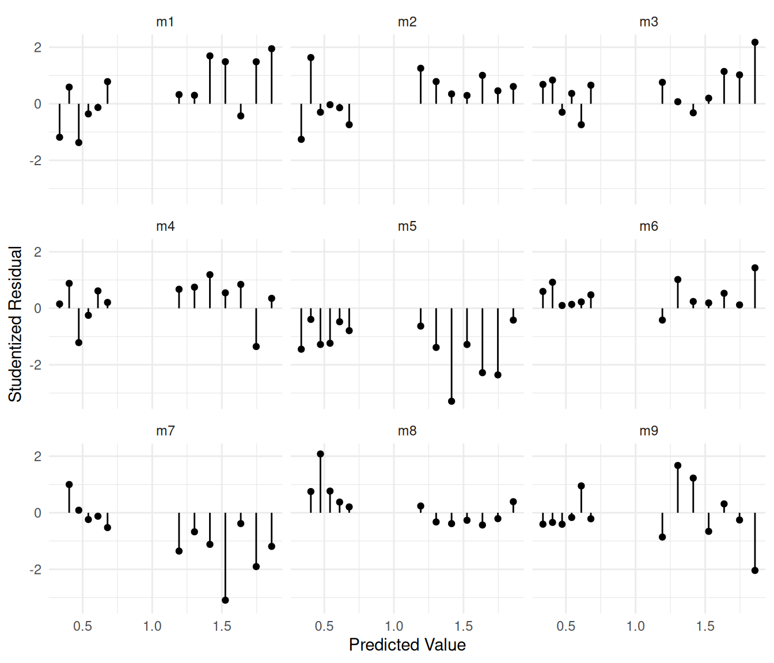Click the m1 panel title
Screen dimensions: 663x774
point(165,22)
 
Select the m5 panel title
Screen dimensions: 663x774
point(407,226)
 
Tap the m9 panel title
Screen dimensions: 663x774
point(648,430)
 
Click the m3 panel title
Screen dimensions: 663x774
point(648,22)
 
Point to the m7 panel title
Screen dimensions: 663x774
point(165,430)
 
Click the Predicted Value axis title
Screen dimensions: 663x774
point(407,645)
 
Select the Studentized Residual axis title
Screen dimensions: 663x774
point(16,324)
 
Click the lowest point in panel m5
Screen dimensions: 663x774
point(451,401)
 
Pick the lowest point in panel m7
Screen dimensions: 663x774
point(225,600)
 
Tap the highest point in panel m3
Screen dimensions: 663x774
point(755,43)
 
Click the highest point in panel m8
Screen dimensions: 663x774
point(320,454)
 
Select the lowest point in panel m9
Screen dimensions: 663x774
point(755,570)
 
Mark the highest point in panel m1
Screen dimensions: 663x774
point(272,49)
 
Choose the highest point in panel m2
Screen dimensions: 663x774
point(311,58)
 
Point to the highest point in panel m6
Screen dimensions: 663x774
point(755,268)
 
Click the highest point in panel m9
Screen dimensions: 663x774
point(678,466)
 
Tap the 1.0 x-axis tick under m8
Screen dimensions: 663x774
point(394,626)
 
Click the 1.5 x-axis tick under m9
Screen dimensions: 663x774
point(705,626)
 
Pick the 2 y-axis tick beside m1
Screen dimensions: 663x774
point(38,47)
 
